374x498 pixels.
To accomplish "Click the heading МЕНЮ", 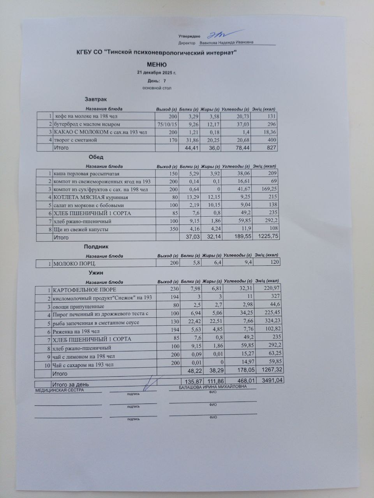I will coord(157,65).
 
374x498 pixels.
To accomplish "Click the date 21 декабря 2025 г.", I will coord(157,73).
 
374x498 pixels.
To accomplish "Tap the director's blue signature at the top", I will coord(219,34).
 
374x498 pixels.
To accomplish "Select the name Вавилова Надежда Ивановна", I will coord(227,42).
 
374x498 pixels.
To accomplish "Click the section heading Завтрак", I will coord(95,100).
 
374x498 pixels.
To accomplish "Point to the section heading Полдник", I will coord(96,247).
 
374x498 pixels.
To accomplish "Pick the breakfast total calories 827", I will coord(271,148).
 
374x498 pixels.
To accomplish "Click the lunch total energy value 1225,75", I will coord(266,237).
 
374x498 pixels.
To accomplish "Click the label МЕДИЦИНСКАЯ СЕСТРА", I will coord(59,390).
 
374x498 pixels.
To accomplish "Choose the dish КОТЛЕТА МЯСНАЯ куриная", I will coord(90,197).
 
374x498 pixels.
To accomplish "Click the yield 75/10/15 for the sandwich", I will coord(167,124).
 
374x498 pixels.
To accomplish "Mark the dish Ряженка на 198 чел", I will coord(76,332).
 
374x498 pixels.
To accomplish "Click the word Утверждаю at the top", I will coord(189,36).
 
